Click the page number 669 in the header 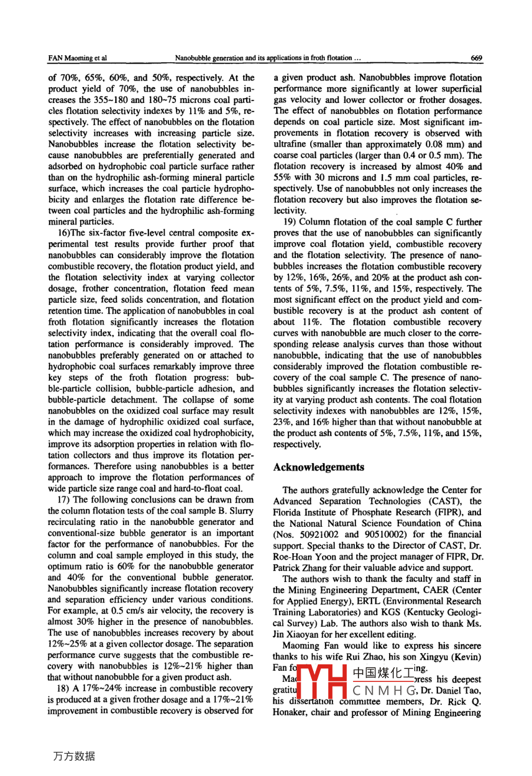(476, 58)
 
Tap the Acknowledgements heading (318, 467)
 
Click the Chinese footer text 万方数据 (74, 757)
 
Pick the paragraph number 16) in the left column (57, 233)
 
